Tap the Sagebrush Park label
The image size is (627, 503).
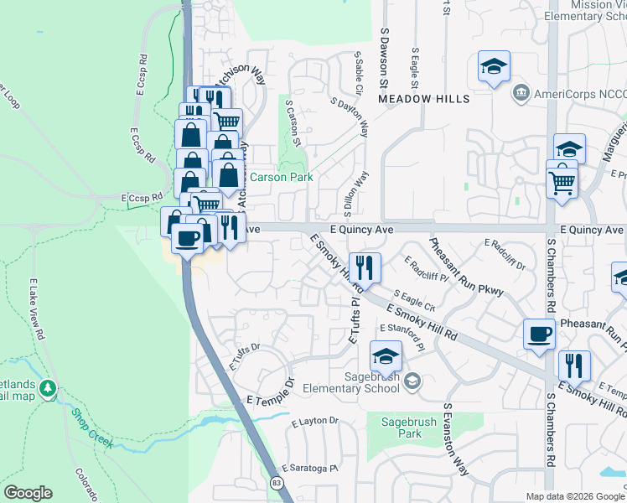click(398, 428)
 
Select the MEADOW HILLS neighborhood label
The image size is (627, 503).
click(423, 99)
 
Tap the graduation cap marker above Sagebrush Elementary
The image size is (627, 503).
click(386, 356)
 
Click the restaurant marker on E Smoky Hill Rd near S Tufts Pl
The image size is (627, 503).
click(365, 268)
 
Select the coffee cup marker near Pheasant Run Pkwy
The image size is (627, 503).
click(539, 334)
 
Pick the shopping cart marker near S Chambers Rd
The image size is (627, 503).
click(562, 179)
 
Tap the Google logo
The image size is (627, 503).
click(27, 493)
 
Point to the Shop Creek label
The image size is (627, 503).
click(91, 428)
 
